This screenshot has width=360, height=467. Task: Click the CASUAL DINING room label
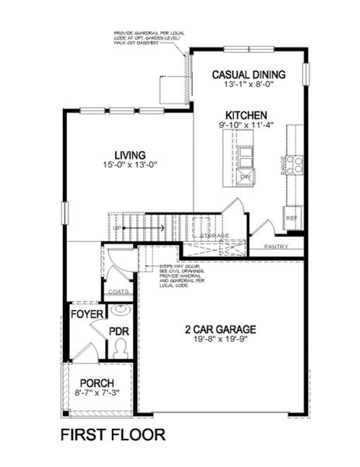click(x=249, y=75)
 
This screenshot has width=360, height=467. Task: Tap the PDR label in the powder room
click(x=119, y=331)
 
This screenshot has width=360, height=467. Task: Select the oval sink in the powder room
click(x=120, y=311)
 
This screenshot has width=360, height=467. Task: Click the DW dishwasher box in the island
click(x=245, y=178)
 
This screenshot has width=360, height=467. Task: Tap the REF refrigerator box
click(x=293, y=219)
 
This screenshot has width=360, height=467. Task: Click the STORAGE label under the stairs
click(x=214, y=234)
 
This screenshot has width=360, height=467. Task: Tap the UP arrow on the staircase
click(x=156, y=228)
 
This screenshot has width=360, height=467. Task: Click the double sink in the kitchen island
click(x=245, y=156)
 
